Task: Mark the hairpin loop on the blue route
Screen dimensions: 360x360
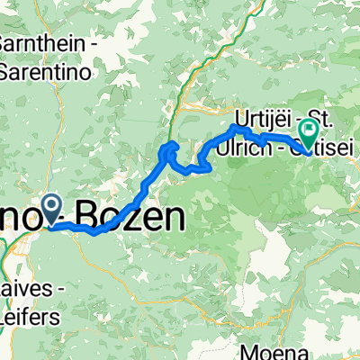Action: point(169,155)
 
